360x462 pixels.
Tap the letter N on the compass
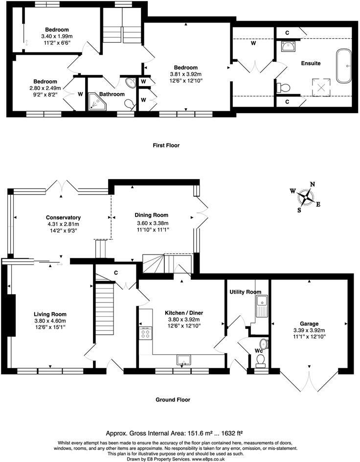(312, 185)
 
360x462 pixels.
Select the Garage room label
(309, 323)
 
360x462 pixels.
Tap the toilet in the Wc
(261, 360)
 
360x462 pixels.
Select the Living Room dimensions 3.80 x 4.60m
(50, 322)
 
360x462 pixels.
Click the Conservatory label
(63, 217)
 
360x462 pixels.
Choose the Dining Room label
(152, 215)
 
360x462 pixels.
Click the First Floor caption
(166, 145)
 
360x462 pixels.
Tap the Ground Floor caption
(173, 400)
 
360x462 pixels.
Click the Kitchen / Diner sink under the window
(184, 360)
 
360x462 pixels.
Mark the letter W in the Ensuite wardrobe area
(253, 43)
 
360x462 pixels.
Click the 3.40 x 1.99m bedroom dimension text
(56, 36)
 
